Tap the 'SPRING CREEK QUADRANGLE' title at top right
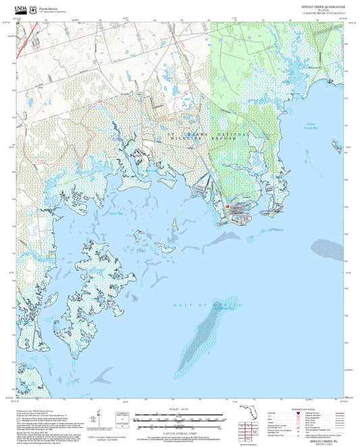coord(317,7)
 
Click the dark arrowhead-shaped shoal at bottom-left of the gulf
coord(103,373)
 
